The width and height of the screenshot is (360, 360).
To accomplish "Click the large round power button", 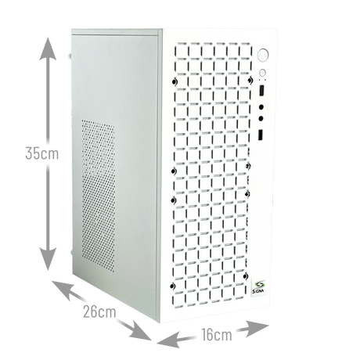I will tap(264, 56).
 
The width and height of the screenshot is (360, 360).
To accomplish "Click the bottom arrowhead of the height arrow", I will tap(49, 259).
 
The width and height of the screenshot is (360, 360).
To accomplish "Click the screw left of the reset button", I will tap(247, 76).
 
